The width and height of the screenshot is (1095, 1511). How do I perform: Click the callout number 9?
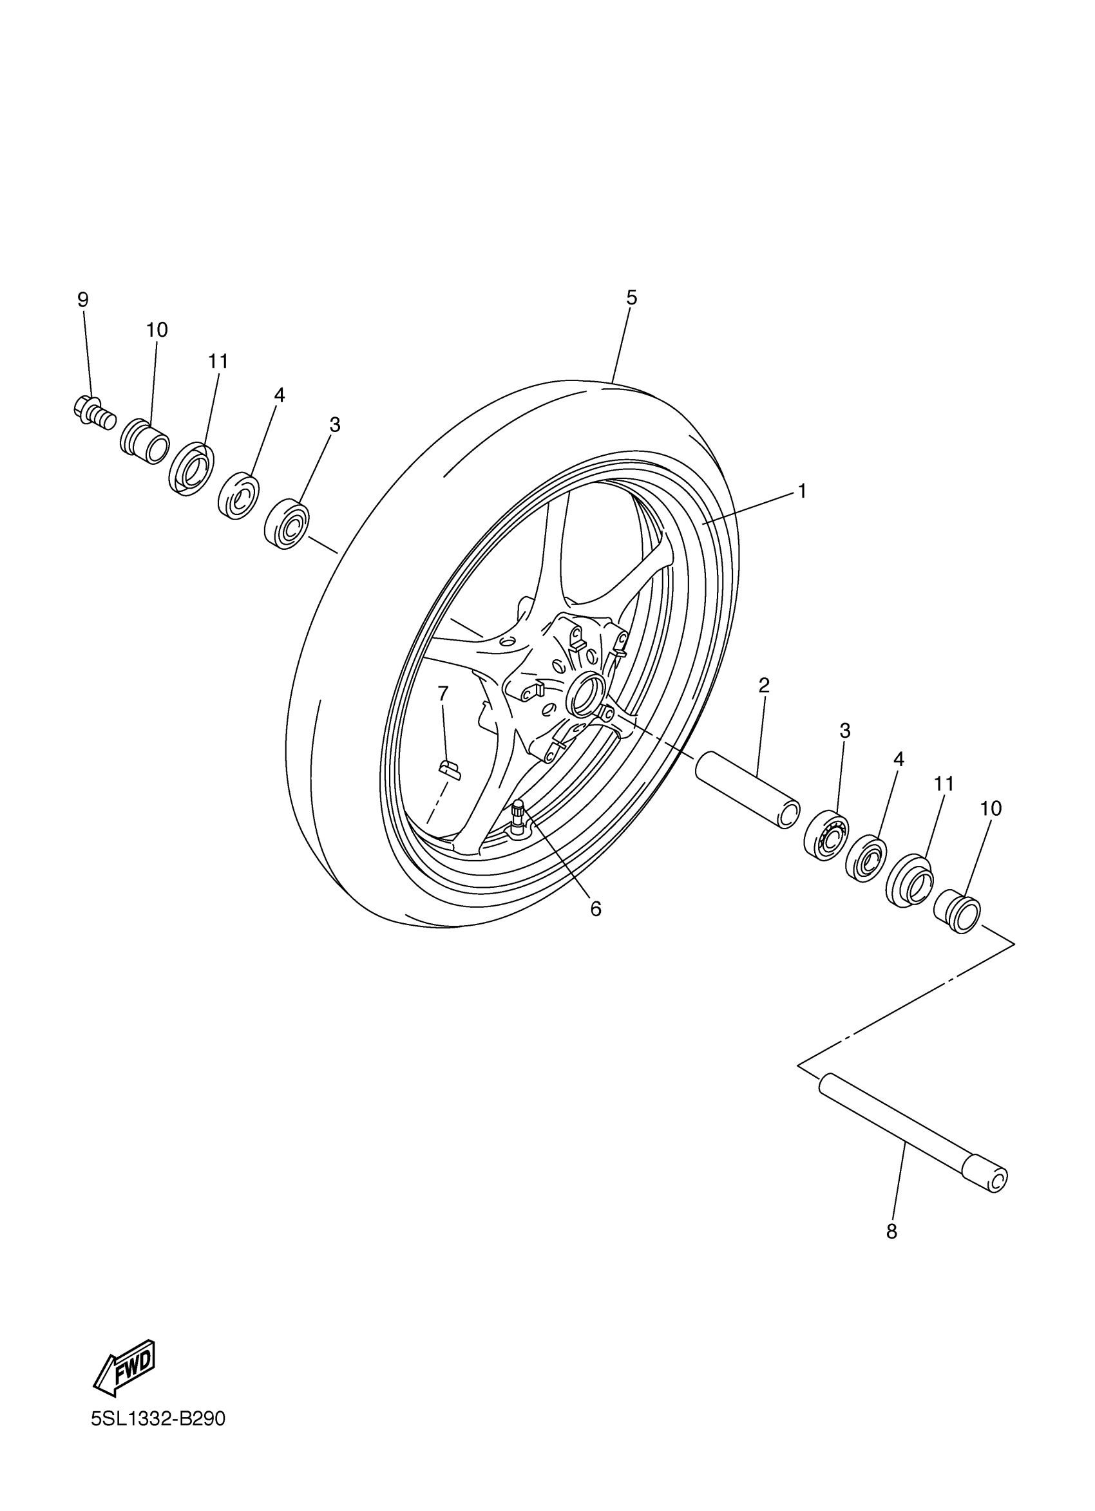[82, 300]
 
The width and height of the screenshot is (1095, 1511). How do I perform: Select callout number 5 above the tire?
[632, 298]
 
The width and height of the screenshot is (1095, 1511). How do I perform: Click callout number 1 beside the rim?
[803, 491]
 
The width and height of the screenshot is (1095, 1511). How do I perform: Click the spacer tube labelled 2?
[747, 789]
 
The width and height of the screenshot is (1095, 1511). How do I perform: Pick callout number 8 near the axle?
[891, 1232]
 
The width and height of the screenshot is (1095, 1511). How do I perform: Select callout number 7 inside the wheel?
[443, 693]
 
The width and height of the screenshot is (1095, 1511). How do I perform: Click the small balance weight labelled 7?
[448, 769]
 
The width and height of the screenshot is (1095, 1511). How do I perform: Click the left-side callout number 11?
[218, 362]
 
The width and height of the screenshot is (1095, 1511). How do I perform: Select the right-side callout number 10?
[991, 809]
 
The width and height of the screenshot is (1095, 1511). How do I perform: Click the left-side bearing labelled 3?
[287, 523]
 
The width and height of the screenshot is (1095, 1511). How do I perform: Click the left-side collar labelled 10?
[146, 441]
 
